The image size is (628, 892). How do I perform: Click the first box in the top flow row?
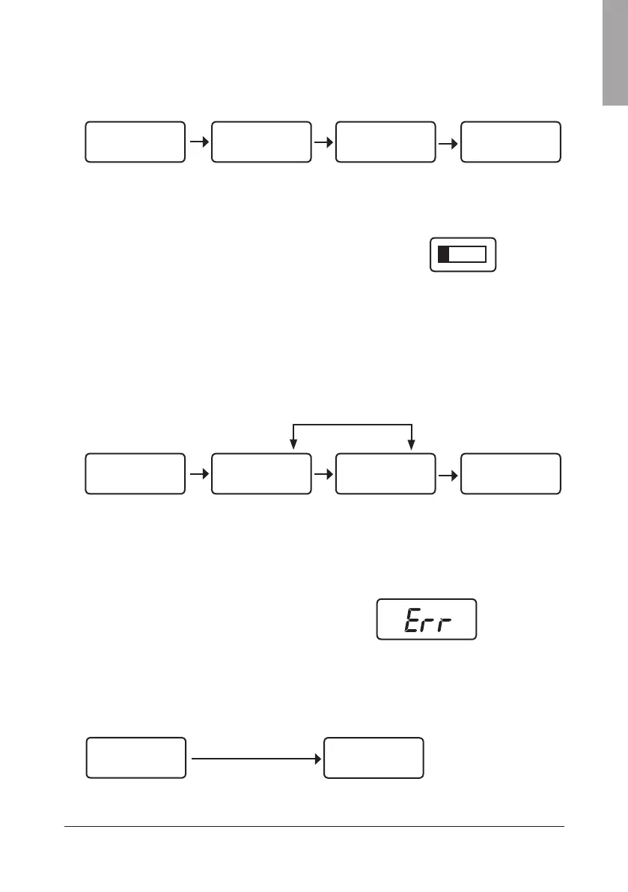tap(135, 141)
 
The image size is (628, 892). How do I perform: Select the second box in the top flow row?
tap(260, 141)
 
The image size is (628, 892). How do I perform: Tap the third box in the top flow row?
tap(385, 141)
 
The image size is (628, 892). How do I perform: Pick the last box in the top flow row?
tap(510, 141)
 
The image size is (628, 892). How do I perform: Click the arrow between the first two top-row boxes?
tap(198, 141)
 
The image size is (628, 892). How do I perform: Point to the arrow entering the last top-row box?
tap(448, 141)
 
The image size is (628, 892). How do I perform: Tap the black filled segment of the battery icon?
tap(443, 255)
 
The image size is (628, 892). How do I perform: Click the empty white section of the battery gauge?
tap(468, 255)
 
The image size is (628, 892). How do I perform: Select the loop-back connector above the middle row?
tap(353, 425)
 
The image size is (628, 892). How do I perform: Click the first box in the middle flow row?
tap(135, 473)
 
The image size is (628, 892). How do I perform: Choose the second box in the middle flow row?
tap(260, 473)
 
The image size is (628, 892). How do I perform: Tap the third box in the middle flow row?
tap(385, 473)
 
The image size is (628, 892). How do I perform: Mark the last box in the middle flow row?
tap(510, 473)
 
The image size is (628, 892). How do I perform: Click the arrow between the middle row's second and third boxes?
tap(323, 473)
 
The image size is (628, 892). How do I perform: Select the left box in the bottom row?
tap(136, 758)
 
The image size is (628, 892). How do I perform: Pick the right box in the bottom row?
tap(374, 758)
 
